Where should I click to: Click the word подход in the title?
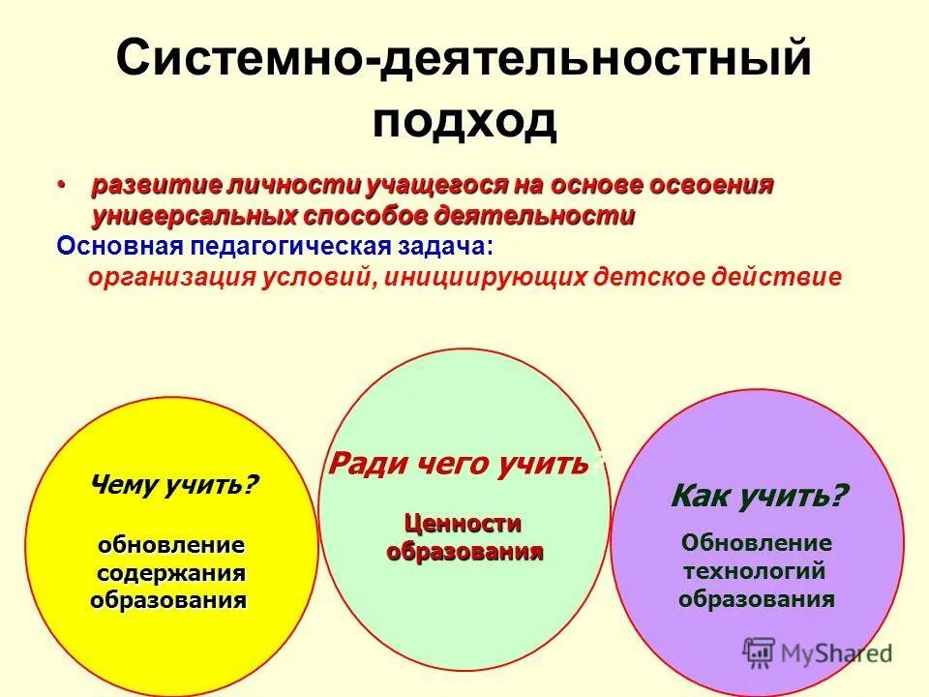tap(465, 121)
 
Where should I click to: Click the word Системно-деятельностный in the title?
tap(464, 61)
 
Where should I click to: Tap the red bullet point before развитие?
tap(63, 184)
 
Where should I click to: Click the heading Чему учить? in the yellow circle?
tap(174, 484)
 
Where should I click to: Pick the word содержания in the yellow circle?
tap(169, 573)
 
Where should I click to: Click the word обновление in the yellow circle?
tap(169, 545)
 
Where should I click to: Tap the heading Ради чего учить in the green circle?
tap(459, 464)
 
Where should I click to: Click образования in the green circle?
tap(464, 552)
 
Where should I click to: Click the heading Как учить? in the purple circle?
tap(759, 498)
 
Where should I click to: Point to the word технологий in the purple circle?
tap(756, 571)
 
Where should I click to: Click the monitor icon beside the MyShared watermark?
tap(761, 652)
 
